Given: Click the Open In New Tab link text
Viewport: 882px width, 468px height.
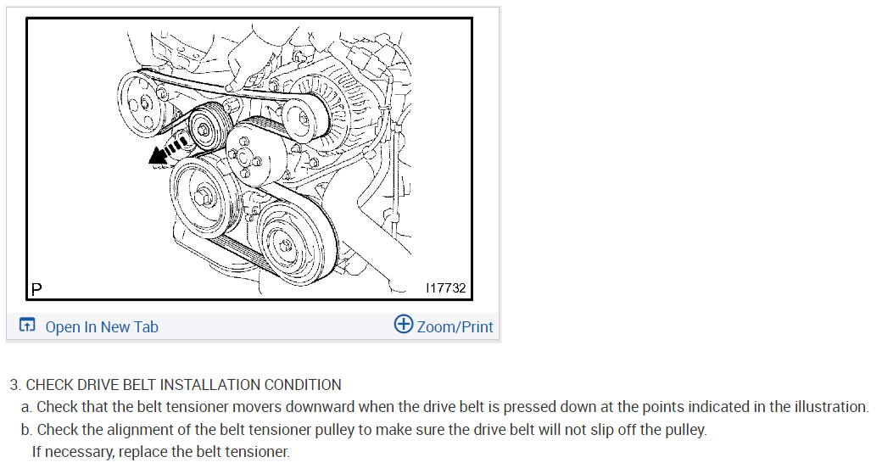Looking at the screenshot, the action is [x=101, y=326].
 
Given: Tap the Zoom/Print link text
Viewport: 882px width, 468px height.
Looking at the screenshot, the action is [x=455, y=326].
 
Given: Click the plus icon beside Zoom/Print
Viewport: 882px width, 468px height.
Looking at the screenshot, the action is [x=404, y=325].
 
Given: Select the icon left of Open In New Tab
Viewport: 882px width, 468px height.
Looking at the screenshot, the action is [x=27, y=326].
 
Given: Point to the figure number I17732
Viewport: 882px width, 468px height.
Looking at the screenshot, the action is [x=446, y=288].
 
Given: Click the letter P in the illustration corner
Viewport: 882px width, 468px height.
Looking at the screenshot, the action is [x=36, y=289].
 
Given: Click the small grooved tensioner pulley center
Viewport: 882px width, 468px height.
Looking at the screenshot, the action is [x=204, y=130].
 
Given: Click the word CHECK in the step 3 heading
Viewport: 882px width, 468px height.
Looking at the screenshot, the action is [x=48, y=385].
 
